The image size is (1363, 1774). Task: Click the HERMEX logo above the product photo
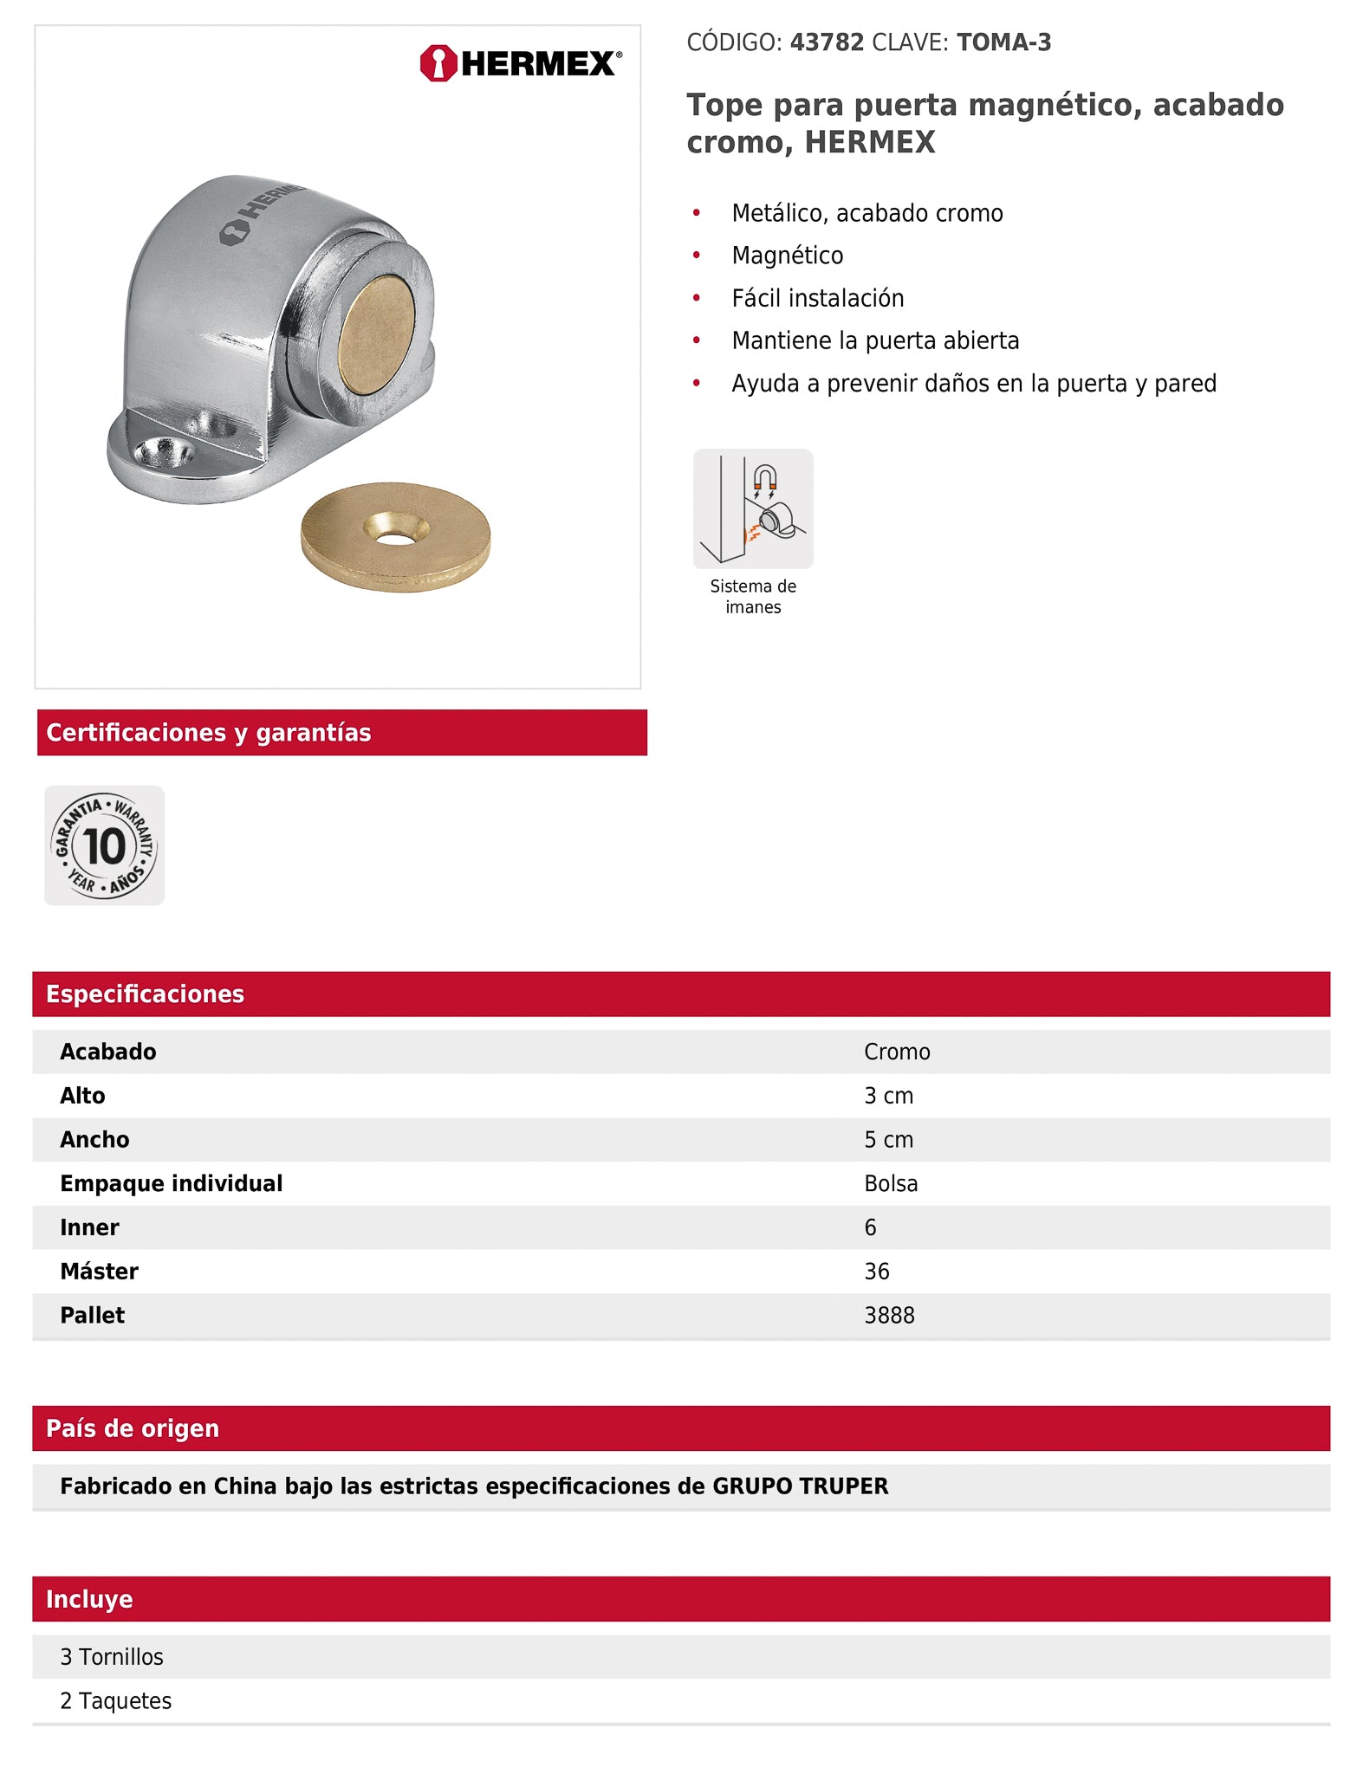[520, 63]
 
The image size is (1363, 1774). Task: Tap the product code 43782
[827, 42]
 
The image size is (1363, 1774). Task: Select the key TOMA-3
[1003, 42]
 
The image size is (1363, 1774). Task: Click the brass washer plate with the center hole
[395, 536]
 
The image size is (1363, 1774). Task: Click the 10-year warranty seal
[105, 845]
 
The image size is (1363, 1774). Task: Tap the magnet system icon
[753, 508]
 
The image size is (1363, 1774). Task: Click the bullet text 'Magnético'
[787, 256]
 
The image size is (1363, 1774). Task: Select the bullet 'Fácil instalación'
[817, 298]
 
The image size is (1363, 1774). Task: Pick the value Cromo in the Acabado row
[897, 1052]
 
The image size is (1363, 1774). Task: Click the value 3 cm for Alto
[888, 1096]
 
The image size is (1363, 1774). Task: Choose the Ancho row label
[94, 1140]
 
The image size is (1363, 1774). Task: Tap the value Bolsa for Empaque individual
[891, 1183]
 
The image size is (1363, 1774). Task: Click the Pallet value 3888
[889, 1315]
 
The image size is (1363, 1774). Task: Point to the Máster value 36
[877, 1272]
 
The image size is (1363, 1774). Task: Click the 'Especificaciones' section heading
[145, 994]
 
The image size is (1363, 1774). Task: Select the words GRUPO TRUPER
[800, 1486]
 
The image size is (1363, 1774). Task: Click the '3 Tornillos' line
[112, 1657]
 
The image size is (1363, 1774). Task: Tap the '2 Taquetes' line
[115, 1701]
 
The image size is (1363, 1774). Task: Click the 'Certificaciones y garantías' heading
[208, 733]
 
